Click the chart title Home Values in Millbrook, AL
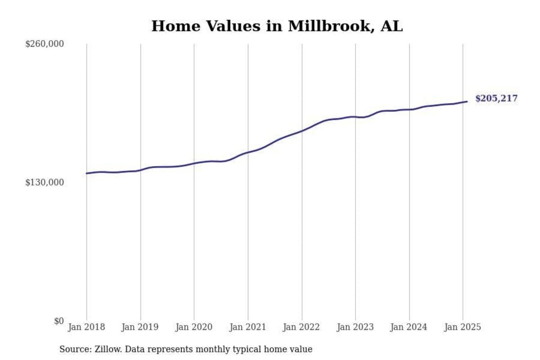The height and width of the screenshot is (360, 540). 277,26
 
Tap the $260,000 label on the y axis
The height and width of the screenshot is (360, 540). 45,44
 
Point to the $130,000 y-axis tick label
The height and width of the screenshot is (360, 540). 45,182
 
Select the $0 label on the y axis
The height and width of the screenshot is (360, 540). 58,321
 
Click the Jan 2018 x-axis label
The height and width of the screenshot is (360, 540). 86,327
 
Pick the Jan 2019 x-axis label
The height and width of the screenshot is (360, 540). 140,327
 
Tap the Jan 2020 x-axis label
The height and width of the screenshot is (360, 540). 194,327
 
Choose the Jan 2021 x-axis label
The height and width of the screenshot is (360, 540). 247,327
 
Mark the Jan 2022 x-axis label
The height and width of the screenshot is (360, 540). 301,327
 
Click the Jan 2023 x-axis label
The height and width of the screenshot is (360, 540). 355,327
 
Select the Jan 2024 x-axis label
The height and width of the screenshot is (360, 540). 409,327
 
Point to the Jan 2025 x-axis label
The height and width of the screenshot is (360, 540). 463,327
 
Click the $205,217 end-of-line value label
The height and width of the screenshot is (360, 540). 496,99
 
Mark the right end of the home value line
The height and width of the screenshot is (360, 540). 467,101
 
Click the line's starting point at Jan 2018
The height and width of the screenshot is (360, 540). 86,173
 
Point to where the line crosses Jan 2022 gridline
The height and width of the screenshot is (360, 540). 301,130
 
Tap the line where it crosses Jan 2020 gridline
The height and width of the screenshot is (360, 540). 194,163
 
